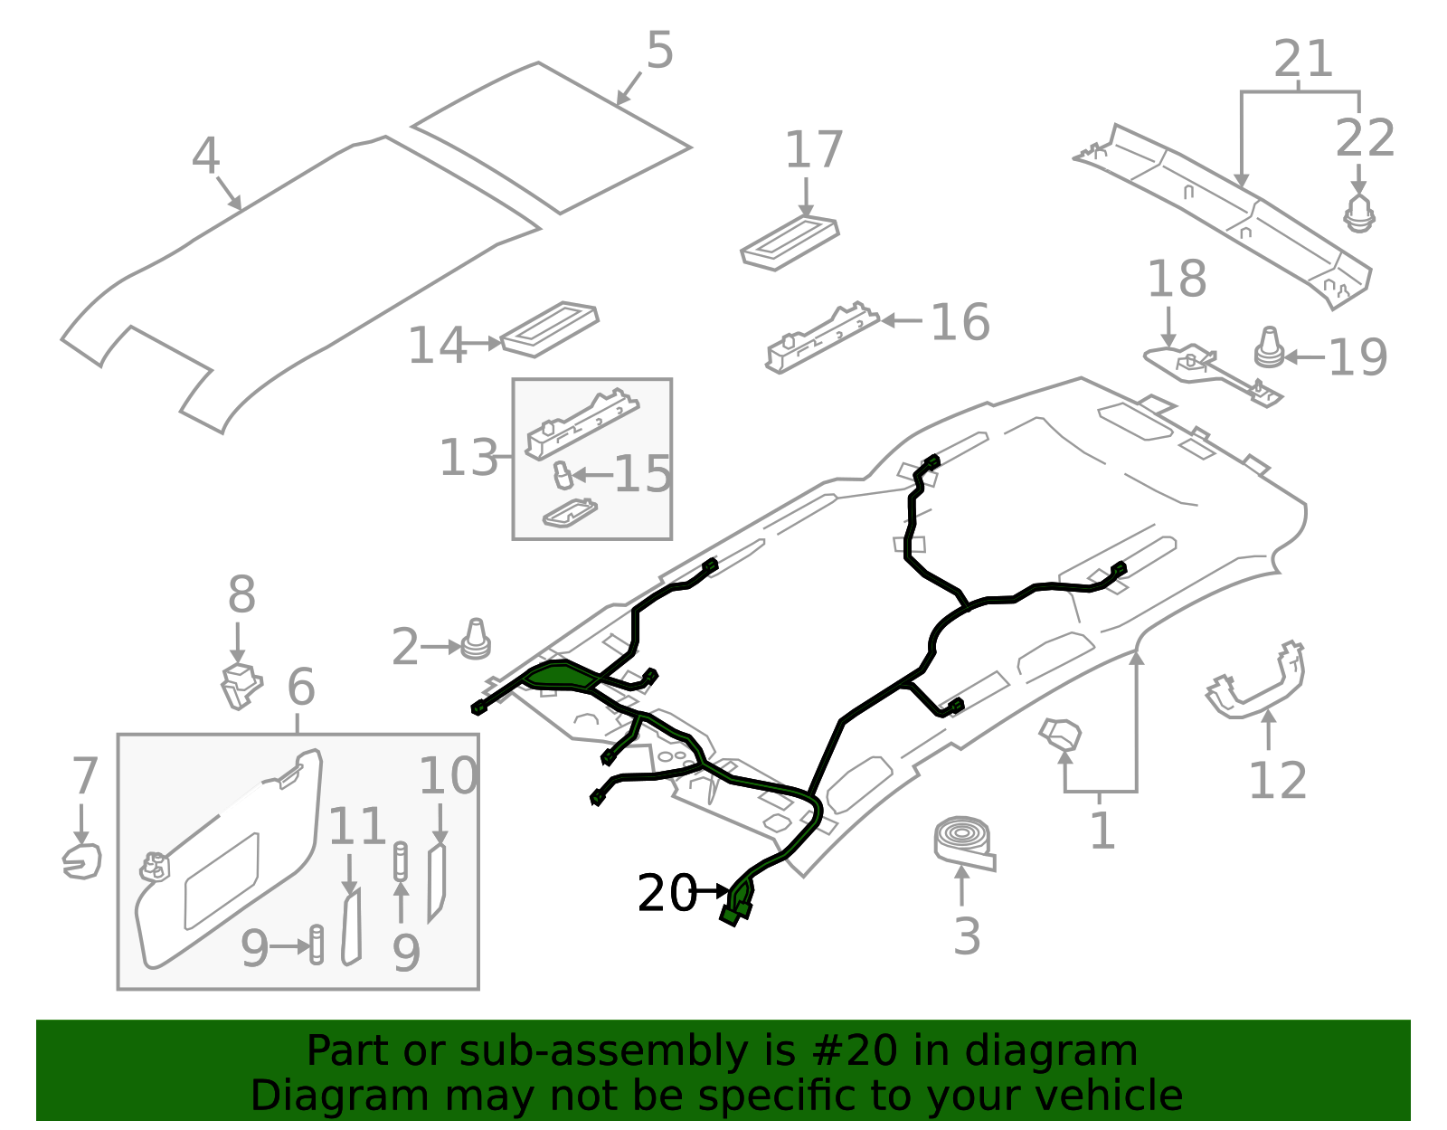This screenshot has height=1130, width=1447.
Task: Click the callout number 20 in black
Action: coord(667,893)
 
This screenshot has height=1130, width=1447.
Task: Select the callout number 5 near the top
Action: coord(659,51)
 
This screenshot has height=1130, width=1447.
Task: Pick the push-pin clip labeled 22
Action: coord(1358,214)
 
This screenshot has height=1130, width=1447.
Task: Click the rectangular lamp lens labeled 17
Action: coord(790,241)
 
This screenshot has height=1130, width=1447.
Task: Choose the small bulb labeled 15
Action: coord(563,475)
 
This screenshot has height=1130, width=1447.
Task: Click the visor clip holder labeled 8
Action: coord(241,685)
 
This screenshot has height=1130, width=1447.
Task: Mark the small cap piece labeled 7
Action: coord(81,860)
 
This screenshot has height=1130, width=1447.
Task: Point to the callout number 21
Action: coord(1302,60)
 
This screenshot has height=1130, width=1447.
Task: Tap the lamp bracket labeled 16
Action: coord(821,340)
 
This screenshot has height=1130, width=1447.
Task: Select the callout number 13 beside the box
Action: coord(468,458)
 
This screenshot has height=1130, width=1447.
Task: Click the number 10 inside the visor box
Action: coord(448,776)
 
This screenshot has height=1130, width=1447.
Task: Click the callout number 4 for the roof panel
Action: coord(205,157)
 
